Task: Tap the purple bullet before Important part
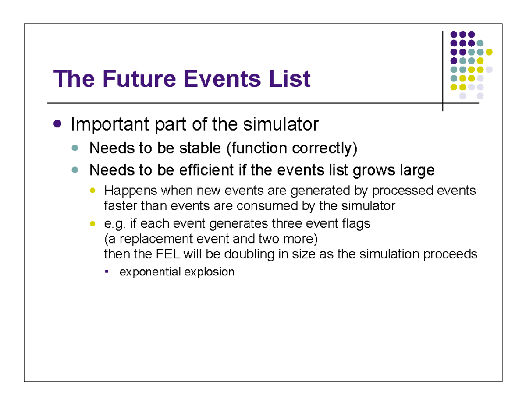(x=57, y=124)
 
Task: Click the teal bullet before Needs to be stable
(x=75, y=148)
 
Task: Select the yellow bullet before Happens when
(x=92, y=191)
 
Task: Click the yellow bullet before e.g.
(x=92, y=223)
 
